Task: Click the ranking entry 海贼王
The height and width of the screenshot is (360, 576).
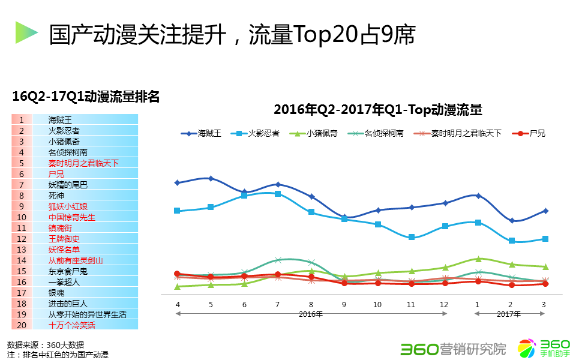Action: [60, 119]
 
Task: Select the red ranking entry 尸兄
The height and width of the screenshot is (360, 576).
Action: [56, 173]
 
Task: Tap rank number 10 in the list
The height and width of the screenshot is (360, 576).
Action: [22, 217]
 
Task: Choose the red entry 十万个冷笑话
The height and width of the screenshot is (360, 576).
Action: [71, 325]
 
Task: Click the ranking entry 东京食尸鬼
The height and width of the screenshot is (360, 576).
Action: [68, 271]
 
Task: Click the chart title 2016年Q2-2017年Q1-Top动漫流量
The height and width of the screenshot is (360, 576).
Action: [378, 110]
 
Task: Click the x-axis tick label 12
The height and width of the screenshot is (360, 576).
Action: [444, 305]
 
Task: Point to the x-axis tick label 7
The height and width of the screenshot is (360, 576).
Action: [277, 305]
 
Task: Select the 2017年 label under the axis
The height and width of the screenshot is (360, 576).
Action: [509, 314]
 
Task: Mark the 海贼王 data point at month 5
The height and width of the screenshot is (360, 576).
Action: [211, 178]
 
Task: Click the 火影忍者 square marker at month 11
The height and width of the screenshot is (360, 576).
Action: [411, 237]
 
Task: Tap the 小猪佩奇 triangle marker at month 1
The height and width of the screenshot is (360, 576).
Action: [478, 259]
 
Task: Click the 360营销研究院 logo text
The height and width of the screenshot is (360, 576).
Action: [453, 348]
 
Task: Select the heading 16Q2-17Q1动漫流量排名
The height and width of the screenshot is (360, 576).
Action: [86, 96]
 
